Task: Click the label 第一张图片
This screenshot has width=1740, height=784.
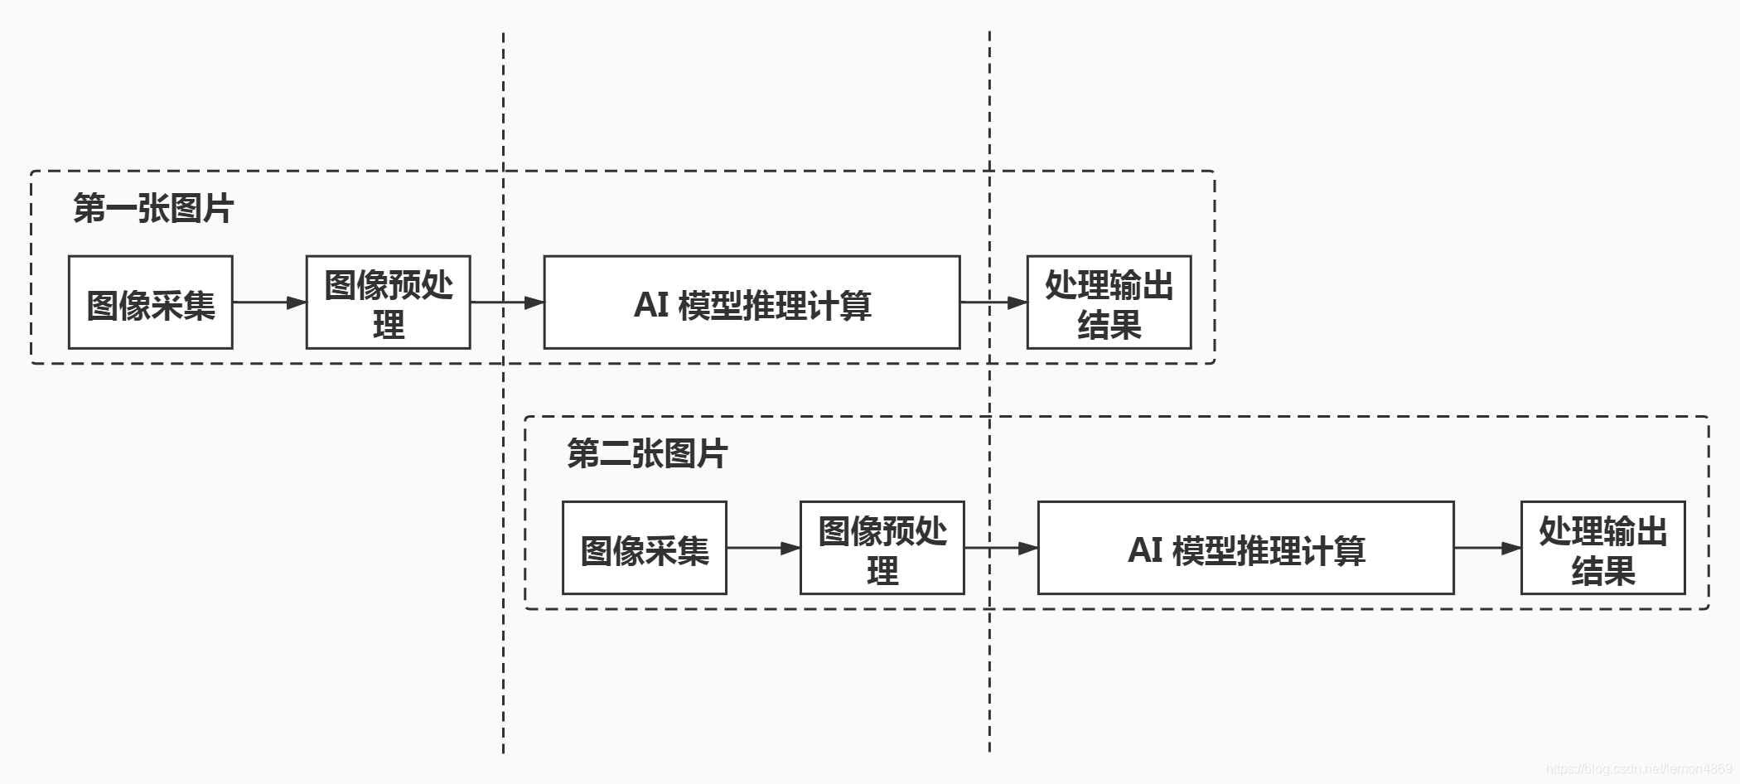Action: (x=153, y=208)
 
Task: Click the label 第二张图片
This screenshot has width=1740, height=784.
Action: (x=647, y=453)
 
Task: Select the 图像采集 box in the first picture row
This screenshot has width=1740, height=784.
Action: (x=150, y=302)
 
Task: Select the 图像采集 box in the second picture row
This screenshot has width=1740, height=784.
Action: (x=644, y=548)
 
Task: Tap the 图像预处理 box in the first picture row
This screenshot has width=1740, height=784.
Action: (x=388, y=302)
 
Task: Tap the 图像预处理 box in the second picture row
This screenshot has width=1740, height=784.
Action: (x=882, y=548)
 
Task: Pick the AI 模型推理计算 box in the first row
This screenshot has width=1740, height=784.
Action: (x=752, y=302)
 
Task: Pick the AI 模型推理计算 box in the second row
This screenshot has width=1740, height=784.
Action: (x=1245, y=548)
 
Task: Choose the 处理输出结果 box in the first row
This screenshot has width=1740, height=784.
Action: (x=1109, y=302)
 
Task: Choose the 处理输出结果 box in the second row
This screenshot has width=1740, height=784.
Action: (x=1602, y=548)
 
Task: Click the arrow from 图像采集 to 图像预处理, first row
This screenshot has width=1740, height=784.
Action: (x=269, y=302)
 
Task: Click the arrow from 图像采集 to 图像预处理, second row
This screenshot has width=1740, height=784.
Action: (x=763, y=548)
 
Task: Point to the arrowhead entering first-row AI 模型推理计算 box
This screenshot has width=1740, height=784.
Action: (x=534, y=302)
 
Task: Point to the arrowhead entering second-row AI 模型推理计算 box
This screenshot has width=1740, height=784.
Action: (x=1028, y=548)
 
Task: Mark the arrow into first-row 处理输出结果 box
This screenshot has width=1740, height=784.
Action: (x=993, y=302)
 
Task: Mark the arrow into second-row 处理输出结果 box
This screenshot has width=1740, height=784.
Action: (x=1487, y=548)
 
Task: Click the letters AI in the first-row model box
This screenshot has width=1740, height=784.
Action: (x=651, y=304)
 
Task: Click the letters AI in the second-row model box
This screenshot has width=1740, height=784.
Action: (x=1145, y=549)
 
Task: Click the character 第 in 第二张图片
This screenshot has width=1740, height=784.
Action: (x=582, y=453)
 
